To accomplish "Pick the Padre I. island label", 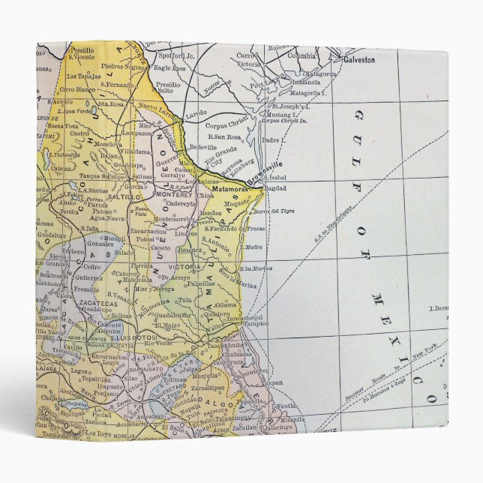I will coord(274,139).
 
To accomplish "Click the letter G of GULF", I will coord(358,115).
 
